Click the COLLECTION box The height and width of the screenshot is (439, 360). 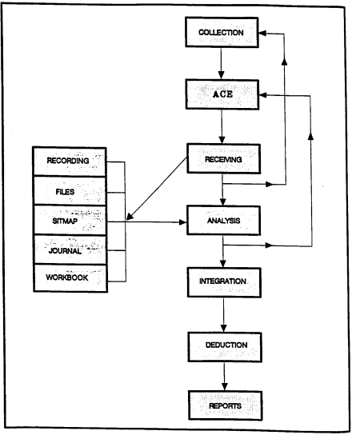point(222,32)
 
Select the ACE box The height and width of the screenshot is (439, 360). point(222,94)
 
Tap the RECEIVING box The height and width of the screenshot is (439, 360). point(223,159)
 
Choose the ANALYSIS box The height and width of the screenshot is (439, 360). point(223,221)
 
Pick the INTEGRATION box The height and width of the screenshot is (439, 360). point(224,282)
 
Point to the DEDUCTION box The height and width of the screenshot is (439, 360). point(225,347)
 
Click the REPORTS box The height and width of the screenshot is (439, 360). point(226,405)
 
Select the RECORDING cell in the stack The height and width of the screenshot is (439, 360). point(70,162)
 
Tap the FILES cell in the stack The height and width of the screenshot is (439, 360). point(70,191)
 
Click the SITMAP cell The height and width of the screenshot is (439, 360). point(70,221)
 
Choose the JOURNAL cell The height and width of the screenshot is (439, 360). point(70,249)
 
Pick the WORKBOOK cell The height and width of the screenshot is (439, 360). point(70,278)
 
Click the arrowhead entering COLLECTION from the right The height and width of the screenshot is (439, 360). point(262,34)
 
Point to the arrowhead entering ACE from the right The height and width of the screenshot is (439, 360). point(262,95)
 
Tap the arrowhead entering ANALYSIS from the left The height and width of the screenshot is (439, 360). point(183,222)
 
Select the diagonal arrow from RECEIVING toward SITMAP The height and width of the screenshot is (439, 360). point(157,189)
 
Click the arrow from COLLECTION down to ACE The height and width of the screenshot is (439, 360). point(221,63)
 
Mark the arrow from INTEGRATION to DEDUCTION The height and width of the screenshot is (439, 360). point(223,315)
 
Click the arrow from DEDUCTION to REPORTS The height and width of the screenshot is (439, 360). point(224,377)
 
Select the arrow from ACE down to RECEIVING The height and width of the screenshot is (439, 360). point(222,126)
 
